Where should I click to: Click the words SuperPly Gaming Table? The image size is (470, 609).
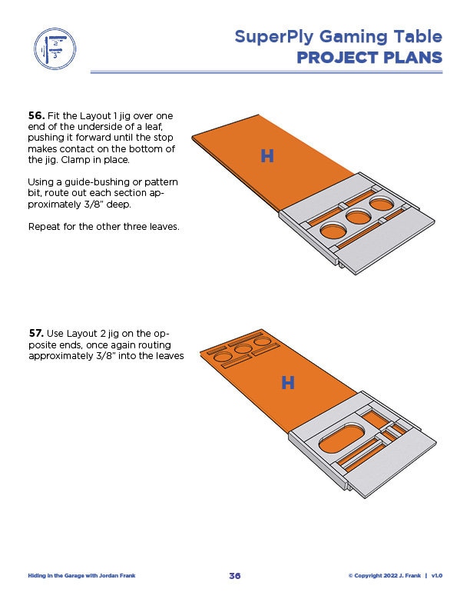pos(338,36)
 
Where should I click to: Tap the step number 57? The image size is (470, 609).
pos(36,334)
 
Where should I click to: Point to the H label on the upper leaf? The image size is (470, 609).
pos(267,156)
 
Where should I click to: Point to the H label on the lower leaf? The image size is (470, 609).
pos(288,383)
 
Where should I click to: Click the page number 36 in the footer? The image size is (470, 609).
pos(235,575)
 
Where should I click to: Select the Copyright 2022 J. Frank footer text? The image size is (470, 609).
pos(385,575)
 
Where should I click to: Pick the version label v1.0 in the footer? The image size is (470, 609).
pos(437,575)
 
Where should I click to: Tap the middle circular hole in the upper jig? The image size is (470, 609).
pos(358,217)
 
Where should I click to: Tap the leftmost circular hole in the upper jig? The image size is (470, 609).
pos(333,230)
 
